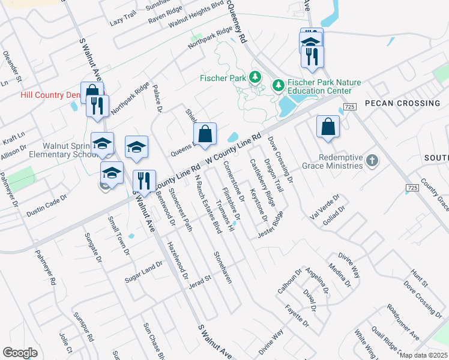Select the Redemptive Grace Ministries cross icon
(372, 160)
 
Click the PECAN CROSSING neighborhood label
(402, 103)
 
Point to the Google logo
(20, 353)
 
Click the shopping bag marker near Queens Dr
(205, 134)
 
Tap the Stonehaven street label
(223, 267)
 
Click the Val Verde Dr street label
(325, 206)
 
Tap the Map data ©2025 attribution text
(423, 355)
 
